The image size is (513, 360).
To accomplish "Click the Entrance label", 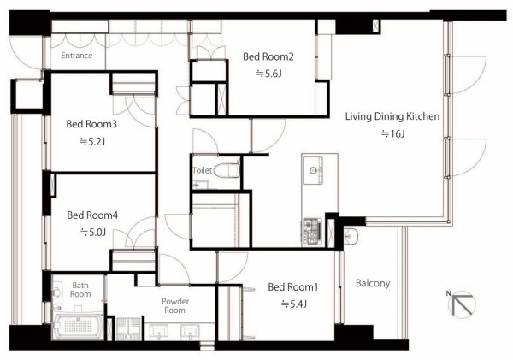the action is coord(77,56).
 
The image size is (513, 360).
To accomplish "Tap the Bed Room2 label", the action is coord(268,56).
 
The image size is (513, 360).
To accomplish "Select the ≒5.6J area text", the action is coord(268,74).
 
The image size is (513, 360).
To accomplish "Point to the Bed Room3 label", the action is coord(91,124).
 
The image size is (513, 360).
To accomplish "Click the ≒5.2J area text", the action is coord(92,142).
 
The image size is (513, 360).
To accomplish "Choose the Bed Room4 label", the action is coord(92,215).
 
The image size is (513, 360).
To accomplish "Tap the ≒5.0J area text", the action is coord(93,233).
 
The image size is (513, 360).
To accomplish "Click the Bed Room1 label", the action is coord(293,287).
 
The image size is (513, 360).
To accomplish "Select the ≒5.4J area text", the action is coord(294,304).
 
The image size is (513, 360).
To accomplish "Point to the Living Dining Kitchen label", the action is coord(392,116).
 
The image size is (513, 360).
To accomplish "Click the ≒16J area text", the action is coord(393,133).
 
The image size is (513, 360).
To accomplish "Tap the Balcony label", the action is coord(373,283).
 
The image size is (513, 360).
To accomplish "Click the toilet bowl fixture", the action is coord(227,170).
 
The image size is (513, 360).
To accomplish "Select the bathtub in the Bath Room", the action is coord(78,326).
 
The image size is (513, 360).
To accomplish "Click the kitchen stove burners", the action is coord(313,232).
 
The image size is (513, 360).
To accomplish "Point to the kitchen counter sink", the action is coord(313,170).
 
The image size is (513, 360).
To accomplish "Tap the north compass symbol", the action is coord(462,304).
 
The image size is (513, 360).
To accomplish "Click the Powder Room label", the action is coord(175,305).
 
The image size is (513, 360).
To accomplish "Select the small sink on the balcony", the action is coord(351,236).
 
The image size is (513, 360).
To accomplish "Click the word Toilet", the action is coord(203,170).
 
